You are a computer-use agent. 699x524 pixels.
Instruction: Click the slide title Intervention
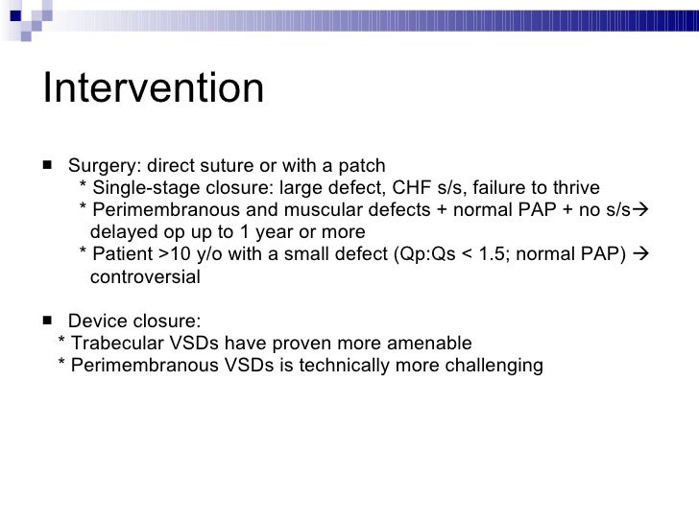pyautogui.click(x=153, y=89)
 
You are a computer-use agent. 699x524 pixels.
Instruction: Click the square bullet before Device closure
pyautogui.click(x=48, y=320)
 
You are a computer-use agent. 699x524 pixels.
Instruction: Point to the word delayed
pyautogui.click(x=121, y=232)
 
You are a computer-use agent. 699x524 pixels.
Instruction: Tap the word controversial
pyautogui.click(x=145, y=278)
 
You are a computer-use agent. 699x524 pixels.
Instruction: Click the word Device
pyautogui.click(x=98, y=321)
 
